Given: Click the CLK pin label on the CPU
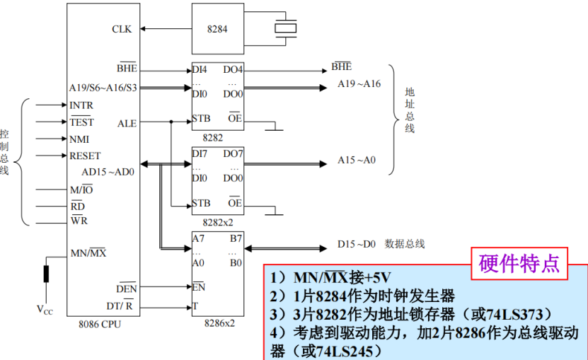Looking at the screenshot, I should (x=122, y=29).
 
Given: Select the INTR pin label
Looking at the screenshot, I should (x=81, y=105).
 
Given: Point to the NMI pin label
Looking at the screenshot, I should (x=79, y=139).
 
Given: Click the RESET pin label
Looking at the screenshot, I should (x=85, y=156).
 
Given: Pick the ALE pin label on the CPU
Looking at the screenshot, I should (x=127, y=122).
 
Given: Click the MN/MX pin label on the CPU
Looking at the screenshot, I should (x=88, y=252).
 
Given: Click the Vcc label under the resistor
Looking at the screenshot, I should (x=45, y=309).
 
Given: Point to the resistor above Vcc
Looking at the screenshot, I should (x=46, y=273).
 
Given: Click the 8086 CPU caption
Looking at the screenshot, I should (x=100, y=324).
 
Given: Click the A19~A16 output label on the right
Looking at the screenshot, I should (x=359, y=84).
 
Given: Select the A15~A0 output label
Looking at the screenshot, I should (x=357, y=160).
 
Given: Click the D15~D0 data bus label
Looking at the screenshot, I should (x=357, y=245).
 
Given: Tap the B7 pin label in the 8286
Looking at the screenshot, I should (x=236, y=238).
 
